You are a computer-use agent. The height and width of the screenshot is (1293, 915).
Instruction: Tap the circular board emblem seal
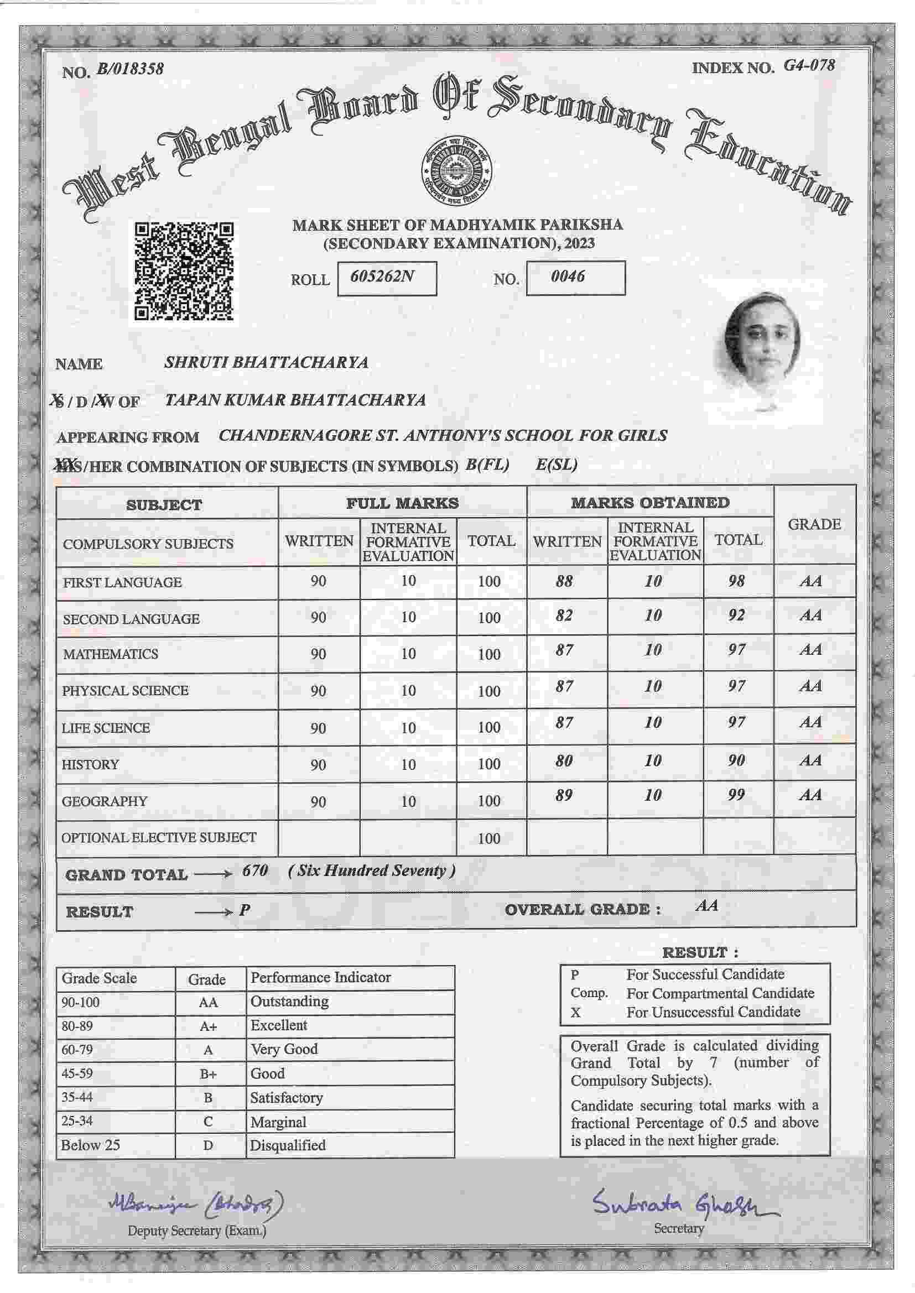[457, 170]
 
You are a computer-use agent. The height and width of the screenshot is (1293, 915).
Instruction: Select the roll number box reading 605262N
[387, 278]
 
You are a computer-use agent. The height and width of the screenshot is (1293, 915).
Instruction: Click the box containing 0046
[575, 277]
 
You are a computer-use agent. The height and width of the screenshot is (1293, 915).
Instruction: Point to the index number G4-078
[809, 65]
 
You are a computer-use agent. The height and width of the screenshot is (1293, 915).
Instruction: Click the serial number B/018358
[130, 69]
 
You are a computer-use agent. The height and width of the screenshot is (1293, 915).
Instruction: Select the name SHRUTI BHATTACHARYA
[266, 362]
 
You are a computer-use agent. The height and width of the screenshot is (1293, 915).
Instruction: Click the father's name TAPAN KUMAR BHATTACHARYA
[295, 400]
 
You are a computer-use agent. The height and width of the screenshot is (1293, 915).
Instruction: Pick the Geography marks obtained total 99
[736, 795]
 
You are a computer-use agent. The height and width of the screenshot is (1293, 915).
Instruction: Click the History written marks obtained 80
[564, 761]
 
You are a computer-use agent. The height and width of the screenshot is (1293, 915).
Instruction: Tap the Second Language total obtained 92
[736, 615]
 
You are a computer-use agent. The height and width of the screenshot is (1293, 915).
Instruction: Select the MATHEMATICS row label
[111, 654]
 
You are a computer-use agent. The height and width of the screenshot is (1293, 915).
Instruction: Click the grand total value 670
[254, 870]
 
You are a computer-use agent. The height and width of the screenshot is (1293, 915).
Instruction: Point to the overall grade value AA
[706, 905]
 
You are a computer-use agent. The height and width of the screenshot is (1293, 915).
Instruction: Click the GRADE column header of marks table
[814, 524]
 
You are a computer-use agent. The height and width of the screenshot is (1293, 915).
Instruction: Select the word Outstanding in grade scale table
[289, 1002]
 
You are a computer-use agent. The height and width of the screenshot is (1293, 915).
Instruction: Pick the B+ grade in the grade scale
[208, 1074]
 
